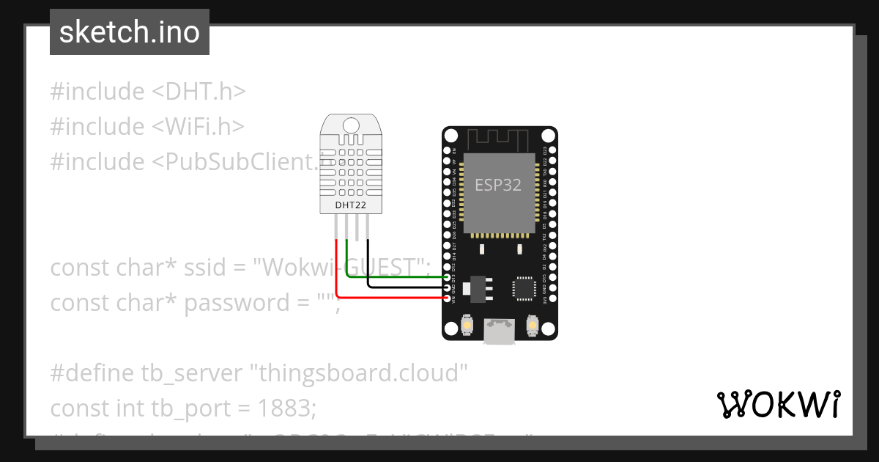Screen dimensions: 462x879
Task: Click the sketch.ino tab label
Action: click(x=130, y=32)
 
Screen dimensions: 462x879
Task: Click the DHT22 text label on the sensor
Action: click(x=350, y=205)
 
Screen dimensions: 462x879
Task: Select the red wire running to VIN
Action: click(x=388, y=298)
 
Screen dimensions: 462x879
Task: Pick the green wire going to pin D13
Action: click(x=396, y=277)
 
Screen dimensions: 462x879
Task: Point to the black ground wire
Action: click(x=407, y=287)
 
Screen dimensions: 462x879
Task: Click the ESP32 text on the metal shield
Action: click(x=498, y=185)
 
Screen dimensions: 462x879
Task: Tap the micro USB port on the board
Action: click(x=499, y=331)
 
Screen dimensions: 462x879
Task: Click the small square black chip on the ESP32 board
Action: click(x=524, y=287)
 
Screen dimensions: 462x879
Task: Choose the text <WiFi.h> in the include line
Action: click(x=198, y=126)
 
